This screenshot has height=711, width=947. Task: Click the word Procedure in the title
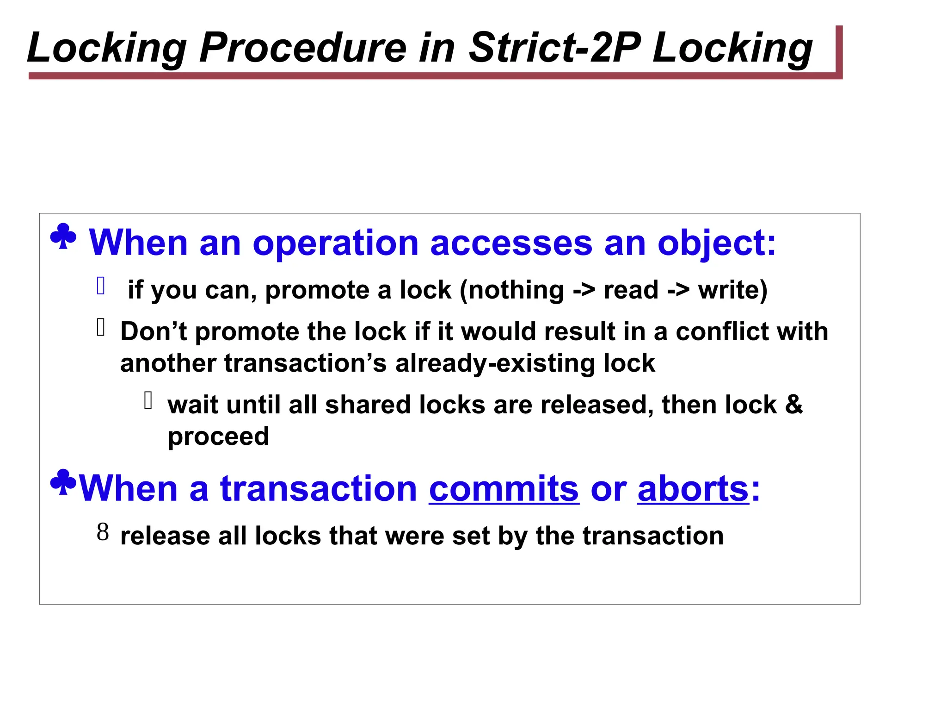point(302,48)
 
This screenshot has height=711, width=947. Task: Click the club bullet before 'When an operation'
point(63,237)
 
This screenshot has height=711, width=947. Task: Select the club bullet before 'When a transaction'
point(63,483)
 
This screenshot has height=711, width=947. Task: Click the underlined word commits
point(504,488)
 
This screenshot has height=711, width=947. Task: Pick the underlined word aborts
point(693,488)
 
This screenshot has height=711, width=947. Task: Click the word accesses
point(511,243)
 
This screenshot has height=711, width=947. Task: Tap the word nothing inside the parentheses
point(516,290)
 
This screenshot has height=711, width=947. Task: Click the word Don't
point(153,332)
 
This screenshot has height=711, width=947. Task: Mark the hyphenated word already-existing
point(495,363)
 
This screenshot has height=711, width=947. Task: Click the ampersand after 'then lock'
point(793,405)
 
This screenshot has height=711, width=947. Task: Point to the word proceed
point(218,437)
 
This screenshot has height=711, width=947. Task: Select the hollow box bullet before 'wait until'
point(148,400)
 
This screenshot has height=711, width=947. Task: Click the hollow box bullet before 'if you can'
point(101,286)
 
